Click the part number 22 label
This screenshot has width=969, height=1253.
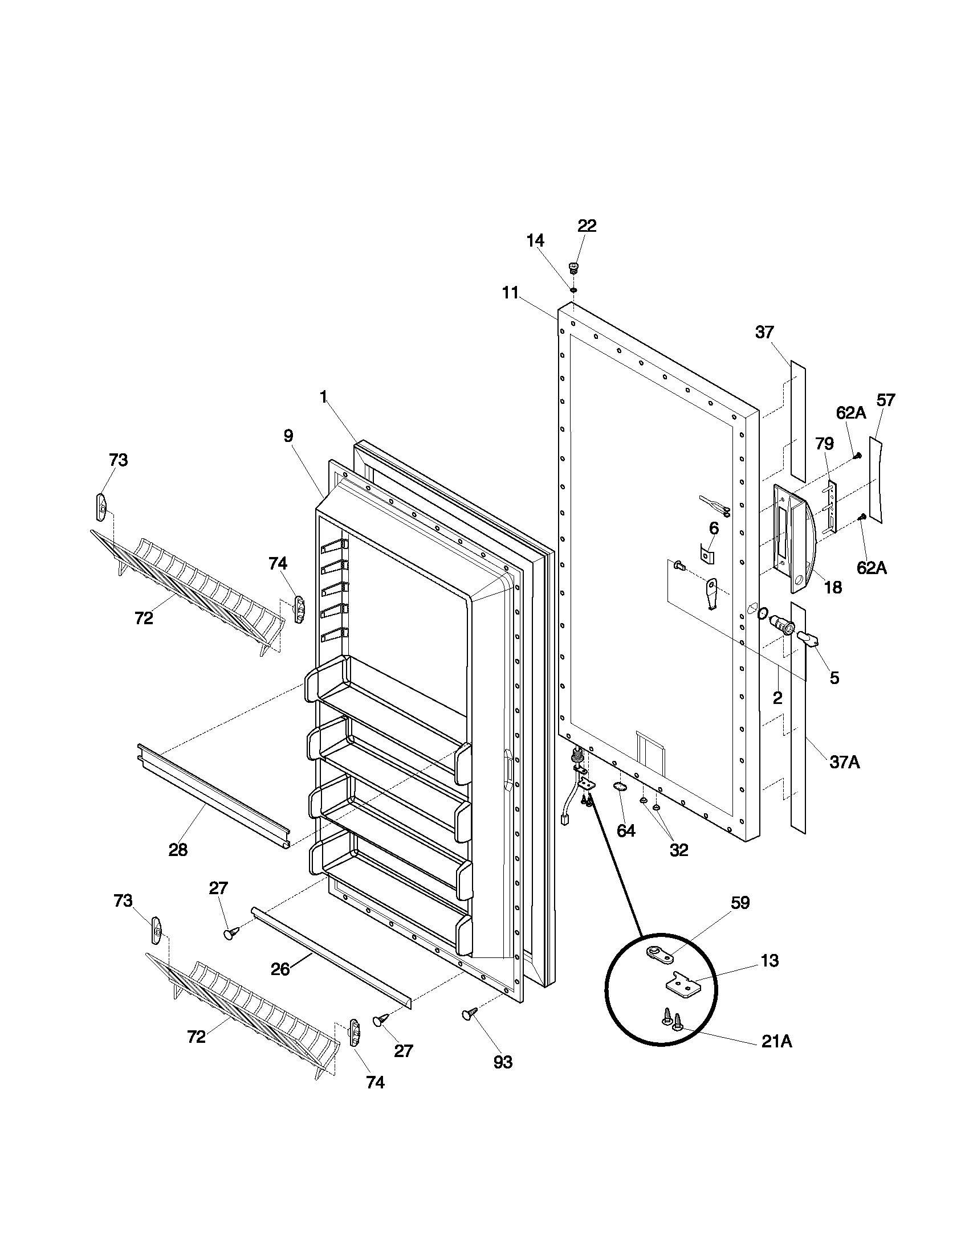[586, 226]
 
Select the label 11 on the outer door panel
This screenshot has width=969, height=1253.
[510, 293]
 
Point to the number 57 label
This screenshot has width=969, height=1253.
[885, 400]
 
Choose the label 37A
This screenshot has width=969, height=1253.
[844, 762]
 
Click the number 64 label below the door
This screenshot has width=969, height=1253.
[626, 830]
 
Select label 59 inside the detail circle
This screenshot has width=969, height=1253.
[740, 903]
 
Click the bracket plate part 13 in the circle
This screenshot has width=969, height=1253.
[683, 985]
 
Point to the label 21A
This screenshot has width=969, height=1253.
[776, 1041]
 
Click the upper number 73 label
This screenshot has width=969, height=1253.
[118, 460]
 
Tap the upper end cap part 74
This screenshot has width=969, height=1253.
[299, 609]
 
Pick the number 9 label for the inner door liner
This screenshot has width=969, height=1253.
[288, 436]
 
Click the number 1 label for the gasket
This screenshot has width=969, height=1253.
[323, 396]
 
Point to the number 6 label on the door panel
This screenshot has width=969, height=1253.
[714, 528]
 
